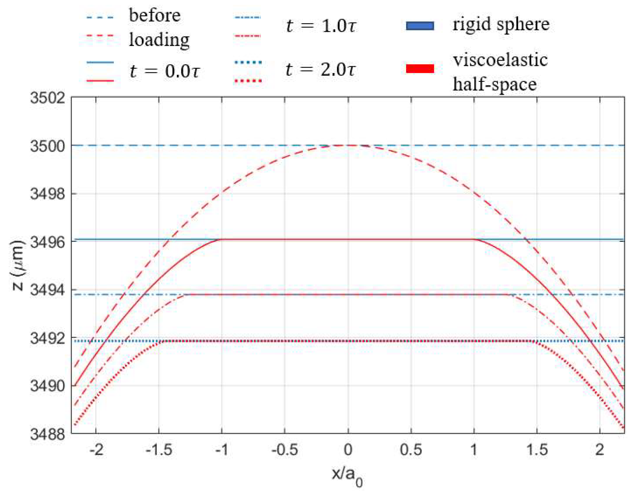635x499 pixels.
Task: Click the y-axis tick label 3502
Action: point(47,98)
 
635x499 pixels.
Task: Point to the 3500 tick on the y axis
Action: point(47,146)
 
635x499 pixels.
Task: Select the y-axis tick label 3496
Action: point(47,242)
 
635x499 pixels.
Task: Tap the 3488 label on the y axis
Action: point(47,434)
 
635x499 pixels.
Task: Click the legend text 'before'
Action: point(155,15)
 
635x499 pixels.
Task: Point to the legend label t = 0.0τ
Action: point(165,71)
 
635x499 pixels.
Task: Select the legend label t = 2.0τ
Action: point(321,69)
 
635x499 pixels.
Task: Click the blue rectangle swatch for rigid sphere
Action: point(420,26)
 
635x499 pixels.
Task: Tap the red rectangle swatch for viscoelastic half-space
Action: point(420,68)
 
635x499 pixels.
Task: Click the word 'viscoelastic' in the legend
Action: point(500,60)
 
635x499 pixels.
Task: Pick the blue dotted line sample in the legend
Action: point(248,62)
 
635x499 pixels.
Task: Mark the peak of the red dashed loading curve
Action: point(348,145)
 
